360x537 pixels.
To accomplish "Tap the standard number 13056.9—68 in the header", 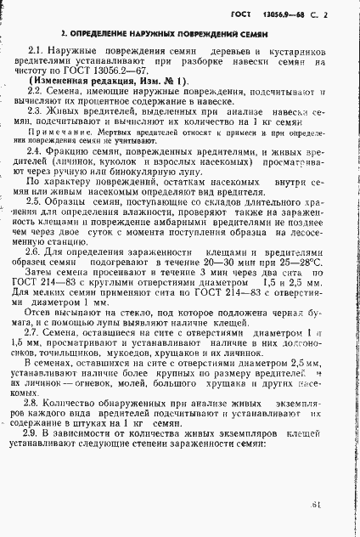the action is click(x=286, y=16).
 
